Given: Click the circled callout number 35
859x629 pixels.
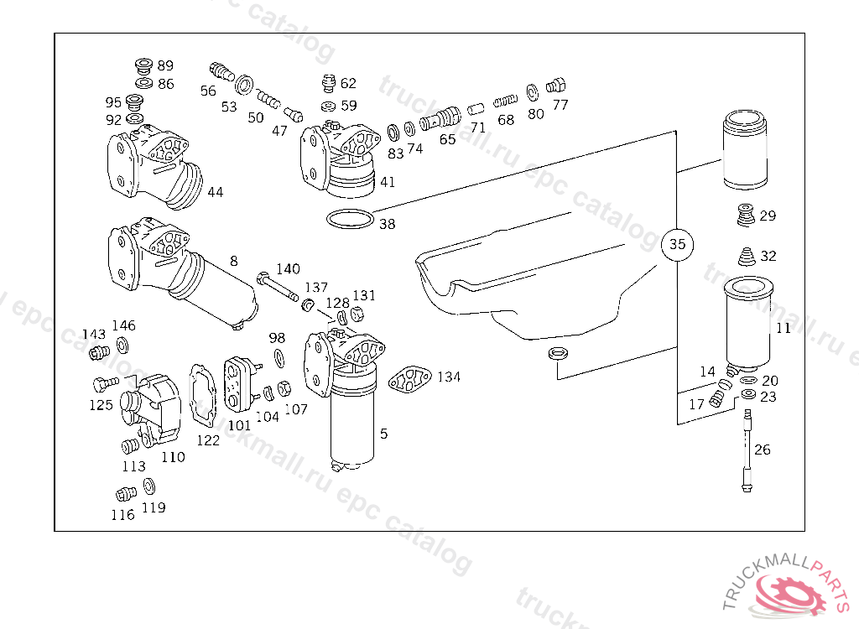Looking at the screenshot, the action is [677, 244].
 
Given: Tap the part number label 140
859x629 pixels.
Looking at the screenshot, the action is [289, 268].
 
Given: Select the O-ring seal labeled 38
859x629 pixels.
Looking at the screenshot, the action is [350, 219].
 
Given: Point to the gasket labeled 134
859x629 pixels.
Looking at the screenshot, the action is [409, 379].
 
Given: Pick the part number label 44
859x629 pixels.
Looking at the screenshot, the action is [216, 192].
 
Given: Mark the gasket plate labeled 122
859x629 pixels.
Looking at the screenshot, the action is [203, 394].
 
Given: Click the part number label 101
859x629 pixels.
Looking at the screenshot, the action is [239, 425].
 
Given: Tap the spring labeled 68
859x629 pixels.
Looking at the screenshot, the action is [505, 101].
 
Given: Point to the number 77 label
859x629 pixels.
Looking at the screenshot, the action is [560, 104].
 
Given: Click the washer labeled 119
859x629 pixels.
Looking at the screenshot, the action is [148, 486].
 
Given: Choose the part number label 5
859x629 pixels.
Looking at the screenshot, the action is [383, 434].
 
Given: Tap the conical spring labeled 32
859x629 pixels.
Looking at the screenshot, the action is [746, 257].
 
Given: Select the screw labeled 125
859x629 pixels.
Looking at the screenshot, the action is [105, 384].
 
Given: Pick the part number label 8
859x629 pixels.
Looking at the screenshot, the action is [234, 261].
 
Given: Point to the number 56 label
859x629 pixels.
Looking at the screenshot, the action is [208, 91].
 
